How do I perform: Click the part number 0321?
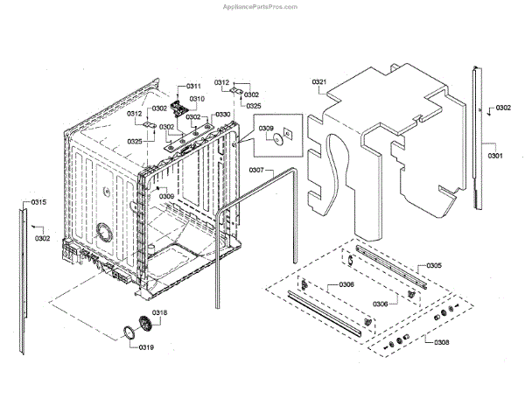(x=319, y=82)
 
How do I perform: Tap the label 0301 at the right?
(x=495, y=156)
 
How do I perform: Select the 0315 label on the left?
(x=38, y=203)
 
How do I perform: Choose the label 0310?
(x=197, y=99)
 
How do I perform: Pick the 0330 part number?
(x=223, y=115)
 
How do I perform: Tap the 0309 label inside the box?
(x=266, y=127)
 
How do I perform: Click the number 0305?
(x=434, y=265)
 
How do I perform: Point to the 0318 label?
(x=160, y=312)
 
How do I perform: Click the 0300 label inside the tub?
(x=165, y=197)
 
